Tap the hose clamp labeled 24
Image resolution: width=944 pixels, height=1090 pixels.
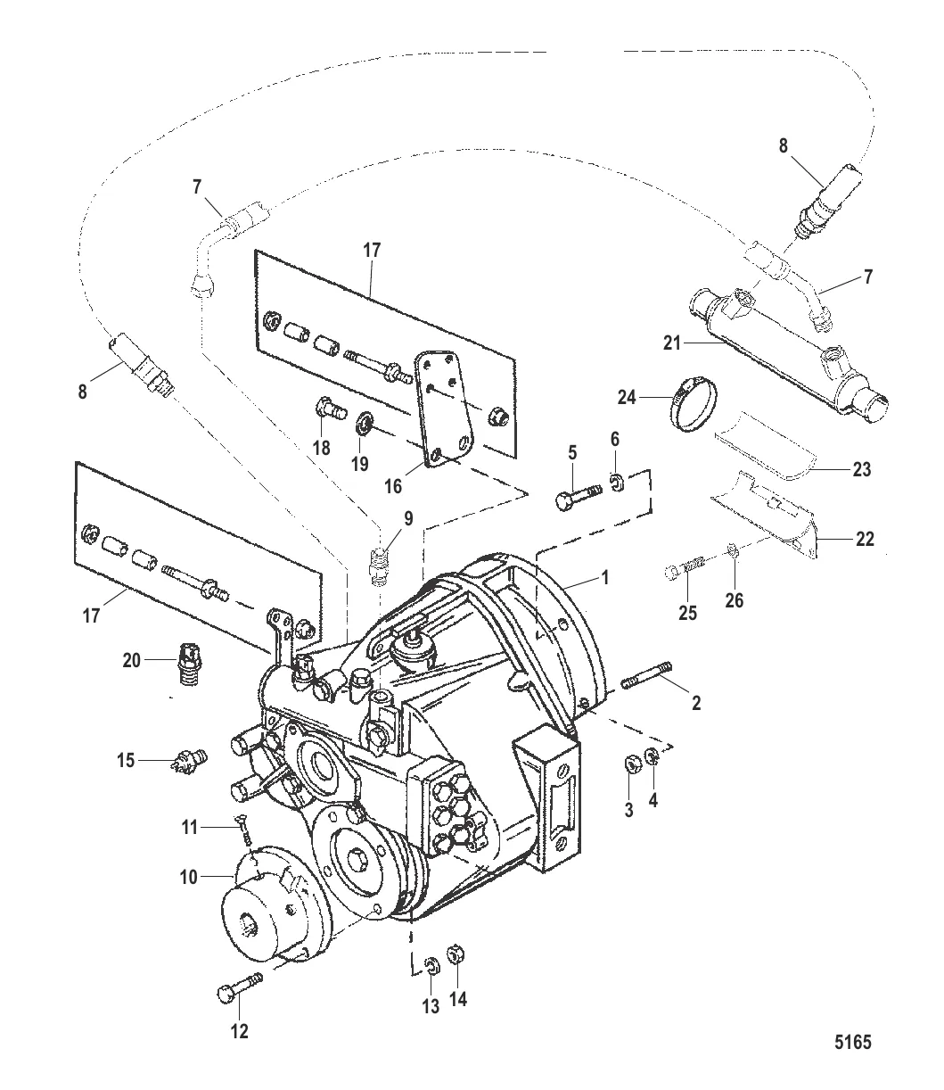(695, 400)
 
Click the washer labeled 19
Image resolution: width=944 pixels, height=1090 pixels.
(364, 419)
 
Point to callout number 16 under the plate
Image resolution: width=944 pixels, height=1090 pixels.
(394, 485)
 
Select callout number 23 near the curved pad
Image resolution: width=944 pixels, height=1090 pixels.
(860, 469)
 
